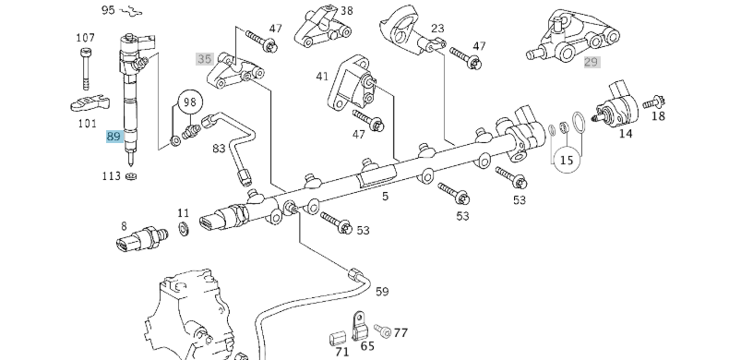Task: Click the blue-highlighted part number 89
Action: pyautogui.click(x=114, y=136)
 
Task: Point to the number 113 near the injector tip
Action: pyautogui.click(x=111, y=174)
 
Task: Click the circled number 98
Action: pyautogui.click(x=189, y=101)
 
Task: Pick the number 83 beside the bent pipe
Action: pyautogui.click(x=219, y=148)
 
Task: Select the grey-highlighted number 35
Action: pyautogui.click(x=204, y=58)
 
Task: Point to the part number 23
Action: pyautogui.click(x=437, y=30)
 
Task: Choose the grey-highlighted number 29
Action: pyautogui.click(x=592, y=62)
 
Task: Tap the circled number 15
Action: pyautogui.click(x=567, y=160)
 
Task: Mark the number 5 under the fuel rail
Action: pyautogui.click(x=385, y=196)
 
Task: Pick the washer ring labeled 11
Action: pyautogui.click(x=183, y=227)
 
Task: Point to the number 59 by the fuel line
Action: pyautogui.click(x=381, y=292)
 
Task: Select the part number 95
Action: pyautogui.click(x=108, y=10)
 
